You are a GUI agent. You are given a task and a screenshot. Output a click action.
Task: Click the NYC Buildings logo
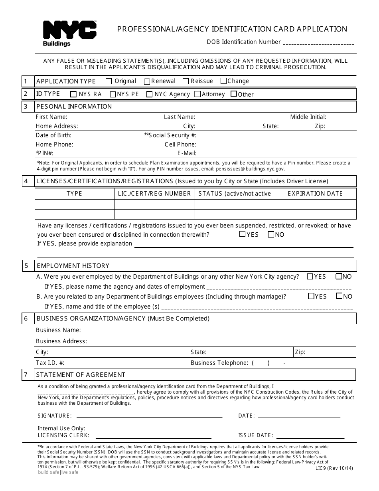pyautogui.click(x=69, y=34)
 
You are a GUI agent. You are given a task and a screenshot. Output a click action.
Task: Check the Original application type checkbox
pyautogui.click(x=109, y=81)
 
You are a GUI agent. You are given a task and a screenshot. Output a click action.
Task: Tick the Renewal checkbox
pyautogui.click(x=147, y=81)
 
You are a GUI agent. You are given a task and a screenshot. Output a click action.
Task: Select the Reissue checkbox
pyautogui.click(x=186, y=81)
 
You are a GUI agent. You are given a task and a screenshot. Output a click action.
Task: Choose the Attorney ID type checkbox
pyautogui.click(x=197, y=95)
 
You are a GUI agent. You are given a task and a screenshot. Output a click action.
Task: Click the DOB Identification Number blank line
pyautogui.click(x=318, y=43)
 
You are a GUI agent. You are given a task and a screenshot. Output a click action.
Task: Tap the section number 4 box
pyautogui.click(x=26, y=181)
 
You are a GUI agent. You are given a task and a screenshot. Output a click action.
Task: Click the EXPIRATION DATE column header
pyautogui.click(x=315, y=194)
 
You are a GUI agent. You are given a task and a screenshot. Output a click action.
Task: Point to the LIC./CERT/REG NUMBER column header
pyautogui.click(x=154, y=194)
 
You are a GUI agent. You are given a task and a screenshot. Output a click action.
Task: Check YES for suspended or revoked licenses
pyautogui.click(x=242, y=234)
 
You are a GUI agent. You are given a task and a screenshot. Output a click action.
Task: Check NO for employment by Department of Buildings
pyautogui.click(x=339, y=276)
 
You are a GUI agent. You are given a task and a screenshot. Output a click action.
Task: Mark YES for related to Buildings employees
pyautogui.click(x=311, y=296)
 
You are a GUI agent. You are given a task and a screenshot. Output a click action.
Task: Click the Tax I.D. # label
pyautogui.click(x=50, y=363)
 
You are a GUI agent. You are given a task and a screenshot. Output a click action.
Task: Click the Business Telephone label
pyautogui.click(x=219, y=363)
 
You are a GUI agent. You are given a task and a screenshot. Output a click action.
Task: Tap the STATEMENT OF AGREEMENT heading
pyautogui.click(x=81, y=375)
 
